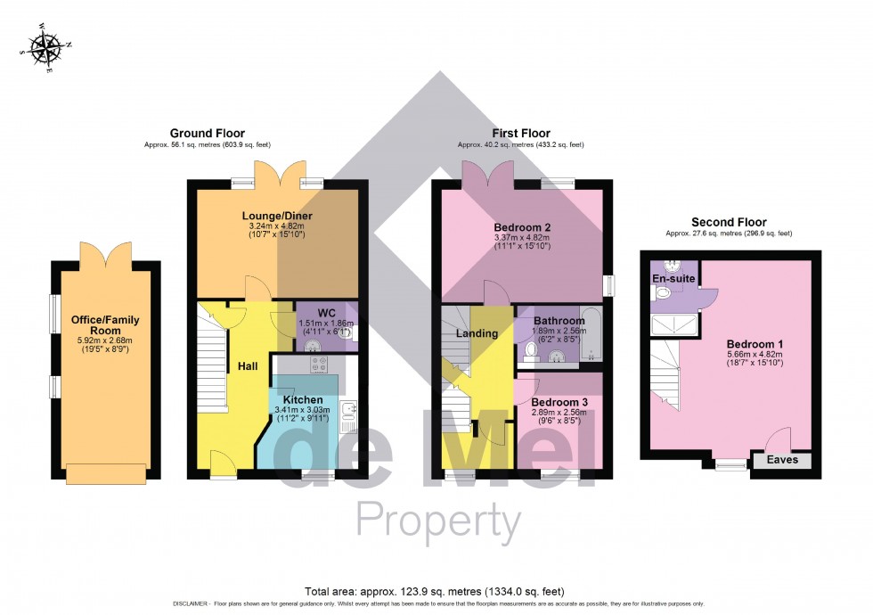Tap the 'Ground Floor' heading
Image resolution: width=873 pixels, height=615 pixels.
pos(207,134)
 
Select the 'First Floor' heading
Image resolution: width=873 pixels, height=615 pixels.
pos(521,134)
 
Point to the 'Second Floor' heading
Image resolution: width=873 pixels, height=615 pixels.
pos(728,223)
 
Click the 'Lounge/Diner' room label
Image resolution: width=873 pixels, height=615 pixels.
pos(275,216)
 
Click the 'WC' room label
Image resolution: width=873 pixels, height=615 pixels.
pos(325,313)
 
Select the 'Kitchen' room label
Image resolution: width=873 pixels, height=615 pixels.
pos(303,400)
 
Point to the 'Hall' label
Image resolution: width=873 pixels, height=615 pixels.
pos(248,366)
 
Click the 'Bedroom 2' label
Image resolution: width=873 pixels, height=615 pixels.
pos(522,226)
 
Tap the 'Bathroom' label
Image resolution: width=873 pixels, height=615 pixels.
pos(559,321)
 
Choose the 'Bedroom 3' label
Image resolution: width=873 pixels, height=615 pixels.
pos(560,402)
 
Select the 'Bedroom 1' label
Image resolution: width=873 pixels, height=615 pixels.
pos(755,345)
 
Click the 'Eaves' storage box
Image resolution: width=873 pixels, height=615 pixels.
pos(783,461)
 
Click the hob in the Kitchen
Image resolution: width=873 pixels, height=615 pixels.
pos(321,364)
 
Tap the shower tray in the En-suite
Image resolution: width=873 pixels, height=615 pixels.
pos(674,324)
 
